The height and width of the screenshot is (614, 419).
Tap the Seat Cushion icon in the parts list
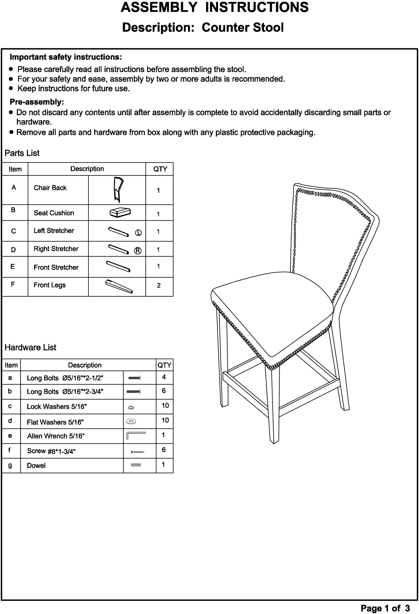(x=120, y=212)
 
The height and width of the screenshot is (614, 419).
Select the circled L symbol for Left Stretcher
(x=138, y=233)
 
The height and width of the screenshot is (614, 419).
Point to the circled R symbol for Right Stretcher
(x=138, y=251)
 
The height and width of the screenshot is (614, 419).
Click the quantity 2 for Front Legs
(x=159, y=286)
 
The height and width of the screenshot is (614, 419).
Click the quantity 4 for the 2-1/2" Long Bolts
(x=164, y=377)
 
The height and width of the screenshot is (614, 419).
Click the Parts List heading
(x=22, y=153)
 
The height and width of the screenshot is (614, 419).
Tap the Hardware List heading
(x=30, y=348)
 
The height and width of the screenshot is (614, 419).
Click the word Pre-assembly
(x=37, y=102)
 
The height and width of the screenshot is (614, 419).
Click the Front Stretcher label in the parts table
(x=56, y=267)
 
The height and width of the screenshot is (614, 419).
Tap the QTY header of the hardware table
(x=164, y=365)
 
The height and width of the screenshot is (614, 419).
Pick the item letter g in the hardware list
(x=10, y=465)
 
